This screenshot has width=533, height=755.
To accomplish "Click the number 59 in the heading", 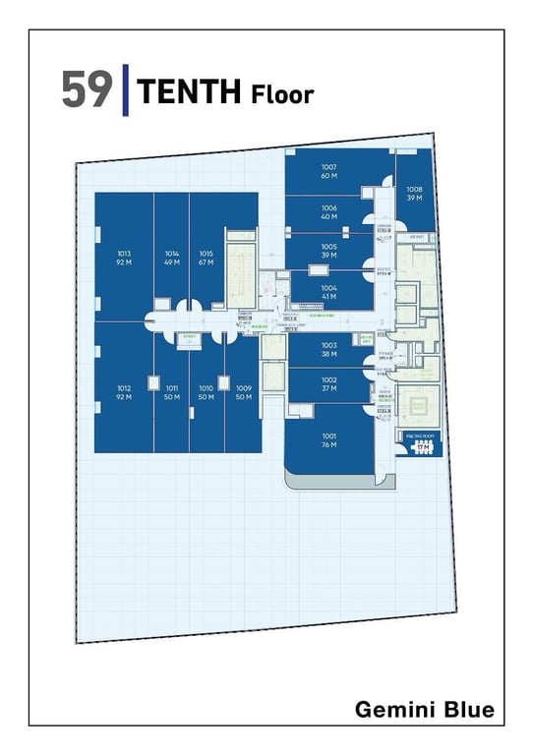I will [x=87, y=89].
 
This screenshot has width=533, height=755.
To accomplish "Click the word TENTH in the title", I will [x=190, y=92].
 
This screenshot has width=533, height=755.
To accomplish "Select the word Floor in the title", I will [x=281, y=94].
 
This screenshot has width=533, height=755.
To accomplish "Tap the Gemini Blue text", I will [x=424, y=710].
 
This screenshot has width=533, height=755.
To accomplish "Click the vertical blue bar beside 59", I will [x=126, y=89].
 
